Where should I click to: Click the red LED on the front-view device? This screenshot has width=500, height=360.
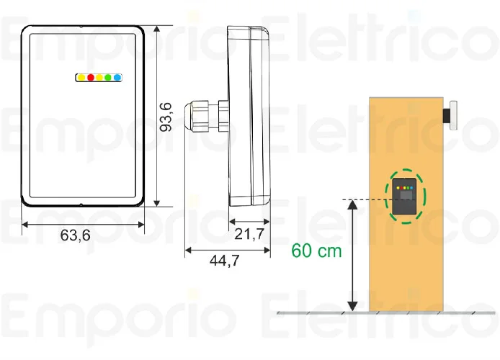pos(91,76)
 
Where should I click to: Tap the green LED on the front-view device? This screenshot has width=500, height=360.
pos(108,76)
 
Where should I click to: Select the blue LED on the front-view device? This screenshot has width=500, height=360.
pos(117,76)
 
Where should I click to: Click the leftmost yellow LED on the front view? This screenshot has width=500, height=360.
pos(82,76)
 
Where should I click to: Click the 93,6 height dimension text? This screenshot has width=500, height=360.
pos(166,117)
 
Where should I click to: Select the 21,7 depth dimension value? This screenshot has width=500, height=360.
pos(249,234)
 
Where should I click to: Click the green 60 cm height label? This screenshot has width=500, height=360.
pos(316,251)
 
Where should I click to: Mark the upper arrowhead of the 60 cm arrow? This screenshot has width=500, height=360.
pos(352,206)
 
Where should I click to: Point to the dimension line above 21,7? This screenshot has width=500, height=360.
pos(250,222)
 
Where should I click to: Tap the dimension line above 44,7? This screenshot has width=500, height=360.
pos(228,250)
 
